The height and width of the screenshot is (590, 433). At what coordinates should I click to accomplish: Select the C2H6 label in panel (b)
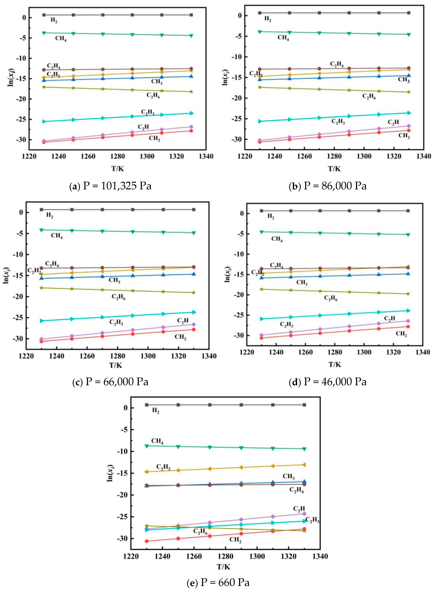coord(369,97)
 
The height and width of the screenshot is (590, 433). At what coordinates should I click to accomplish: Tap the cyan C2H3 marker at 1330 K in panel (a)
coord(191,113)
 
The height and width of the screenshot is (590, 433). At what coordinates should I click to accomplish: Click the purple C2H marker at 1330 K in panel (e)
coord(304,514)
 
